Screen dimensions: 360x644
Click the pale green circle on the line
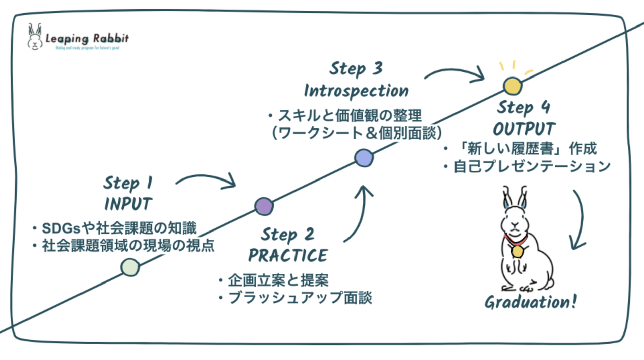point(130,267)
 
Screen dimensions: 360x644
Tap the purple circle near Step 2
point(264,206)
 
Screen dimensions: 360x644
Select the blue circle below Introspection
point(364,158)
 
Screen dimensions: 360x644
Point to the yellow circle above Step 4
point(513,86)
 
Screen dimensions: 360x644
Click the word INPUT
point(128,204)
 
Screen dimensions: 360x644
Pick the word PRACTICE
point(288,256)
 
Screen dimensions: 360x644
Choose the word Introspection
point(356,91)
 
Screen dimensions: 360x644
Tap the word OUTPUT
point(524,129)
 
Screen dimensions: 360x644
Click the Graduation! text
point(530,302)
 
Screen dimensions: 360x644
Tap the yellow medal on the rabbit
point(518,251)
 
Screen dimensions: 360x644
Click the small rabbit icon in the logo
point(35,37)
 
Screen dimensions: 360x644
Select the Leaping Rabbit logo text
point(87,39)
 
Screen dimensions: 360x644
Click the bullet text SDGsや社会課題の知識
point(119,228)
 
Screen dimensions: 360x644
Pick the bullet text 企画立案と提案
point(278,280)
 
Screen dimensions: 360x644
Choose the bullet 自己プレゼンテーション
point(532,167)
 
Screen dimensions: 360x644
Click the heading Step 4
point(523,107)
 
